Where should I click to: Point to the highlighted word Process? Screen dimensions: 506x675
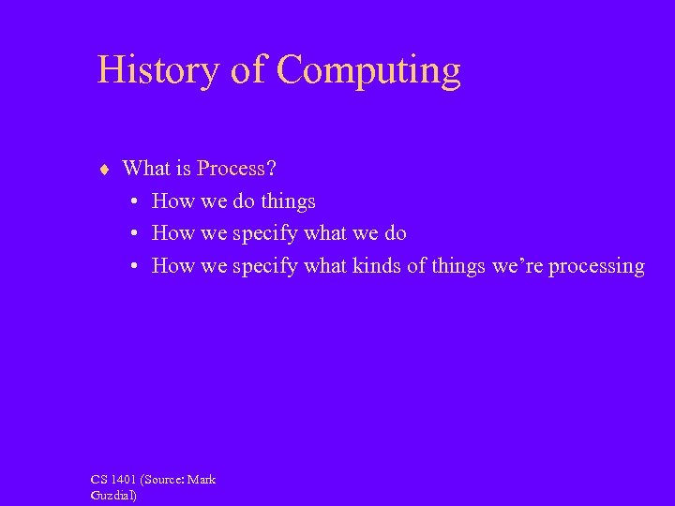231,169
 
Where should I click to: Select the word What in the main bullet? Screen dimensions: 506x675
145,169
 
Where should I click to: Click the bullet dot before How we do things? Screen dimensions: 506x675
136,201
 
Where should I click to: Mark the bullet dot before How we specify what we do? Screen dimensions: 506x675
136,234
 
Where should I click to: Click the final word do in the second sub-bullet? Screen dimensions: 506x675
394,233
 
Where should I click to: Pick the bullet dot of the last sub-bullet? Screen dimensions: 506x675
136,267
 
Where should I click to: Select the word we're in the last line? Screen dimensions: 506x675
516,266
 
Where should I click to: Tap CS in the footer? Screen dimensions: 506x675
99,480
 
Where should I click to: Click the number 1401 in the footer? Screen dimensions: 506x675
125,480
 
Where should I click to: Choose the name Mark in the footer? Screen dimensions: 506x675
202,480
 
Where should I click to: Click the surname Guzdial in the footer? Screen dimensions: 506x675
113,495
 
